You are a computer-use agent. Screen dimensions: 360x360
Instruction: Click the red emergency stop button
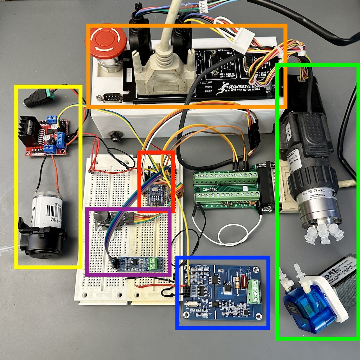point(106,40)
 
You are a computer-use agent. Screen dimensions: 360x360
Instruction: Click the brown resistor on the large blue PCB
point(240,282)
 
